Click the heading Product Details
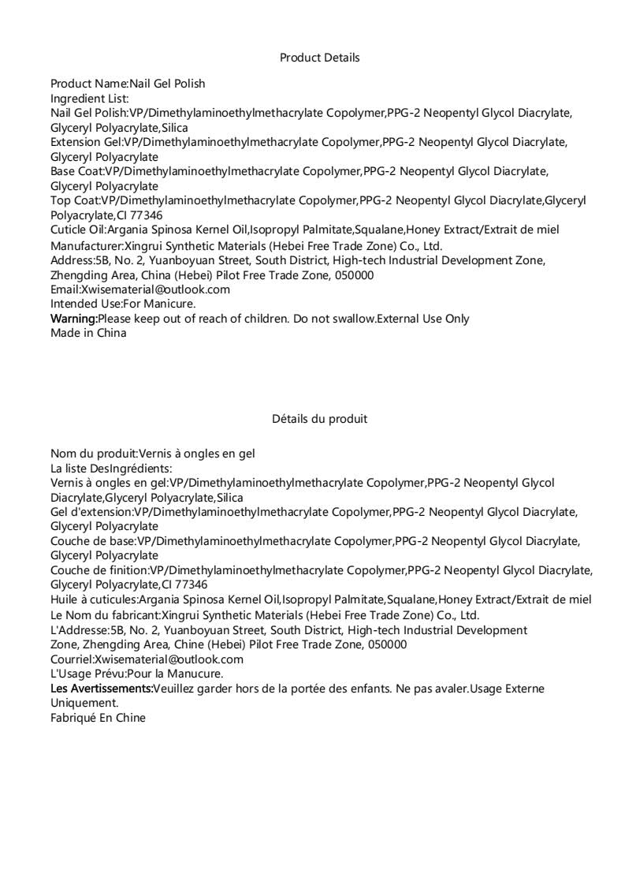(x=319, y=58)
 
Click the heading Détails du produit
(x=319, y=419)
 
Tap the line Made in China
(x=88, y=333)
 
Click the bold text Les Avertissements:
(x=102, y=689)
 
